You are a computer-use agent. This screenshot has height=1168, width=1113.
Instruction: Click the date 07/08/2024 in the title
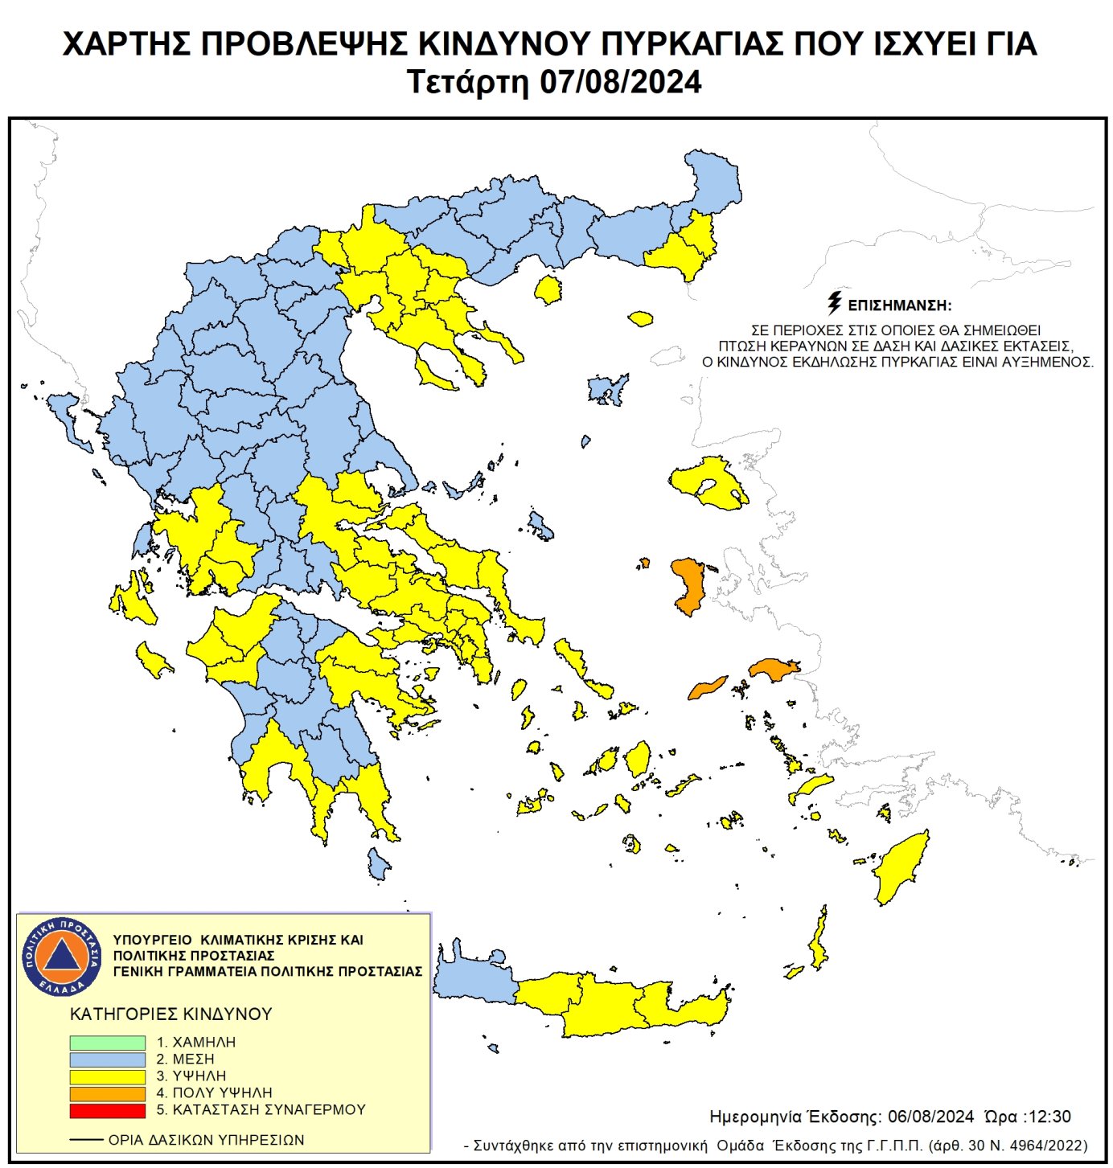[620, 83]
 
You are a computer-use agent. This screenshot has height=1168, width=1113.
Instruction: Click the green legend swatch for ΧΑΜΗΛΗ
[107, 1043]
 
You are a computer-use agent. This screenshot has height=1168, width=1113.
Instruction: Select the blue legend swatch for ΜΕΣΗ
[107, 1059]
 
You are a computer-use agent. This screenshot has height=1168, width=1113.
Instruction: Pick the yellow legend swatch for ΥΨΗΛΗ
[107, 1076]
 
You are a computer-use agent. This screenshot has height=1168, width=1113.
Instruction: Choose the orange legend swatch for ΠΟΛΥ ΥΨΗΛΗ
[107, 1093]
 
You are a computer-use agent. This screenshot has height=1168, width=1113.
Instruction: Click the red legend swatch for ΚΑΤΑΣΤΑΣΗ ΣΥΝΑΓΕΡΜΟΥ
[107, 1110]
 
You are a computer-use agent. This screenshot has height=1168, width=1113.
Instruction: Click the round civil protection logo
[62, 957]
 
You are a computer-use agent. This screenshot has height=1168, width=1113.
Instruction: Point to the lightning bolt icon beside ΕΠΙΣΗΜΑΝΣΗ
[835, 303]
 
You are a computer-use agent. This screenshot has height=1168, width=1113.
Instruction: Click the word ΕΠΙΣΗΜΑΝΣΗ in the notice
[900, 306]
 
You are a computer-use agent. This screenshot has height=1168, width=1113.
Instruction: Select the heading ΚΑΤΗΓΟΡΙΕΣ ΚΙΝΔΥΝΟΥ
[171, 1014]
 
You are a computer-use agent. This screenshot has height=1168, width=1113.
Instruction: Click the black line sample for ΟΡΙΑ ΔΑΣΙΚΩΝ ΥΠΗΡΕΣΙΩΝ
[86, 1140]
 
